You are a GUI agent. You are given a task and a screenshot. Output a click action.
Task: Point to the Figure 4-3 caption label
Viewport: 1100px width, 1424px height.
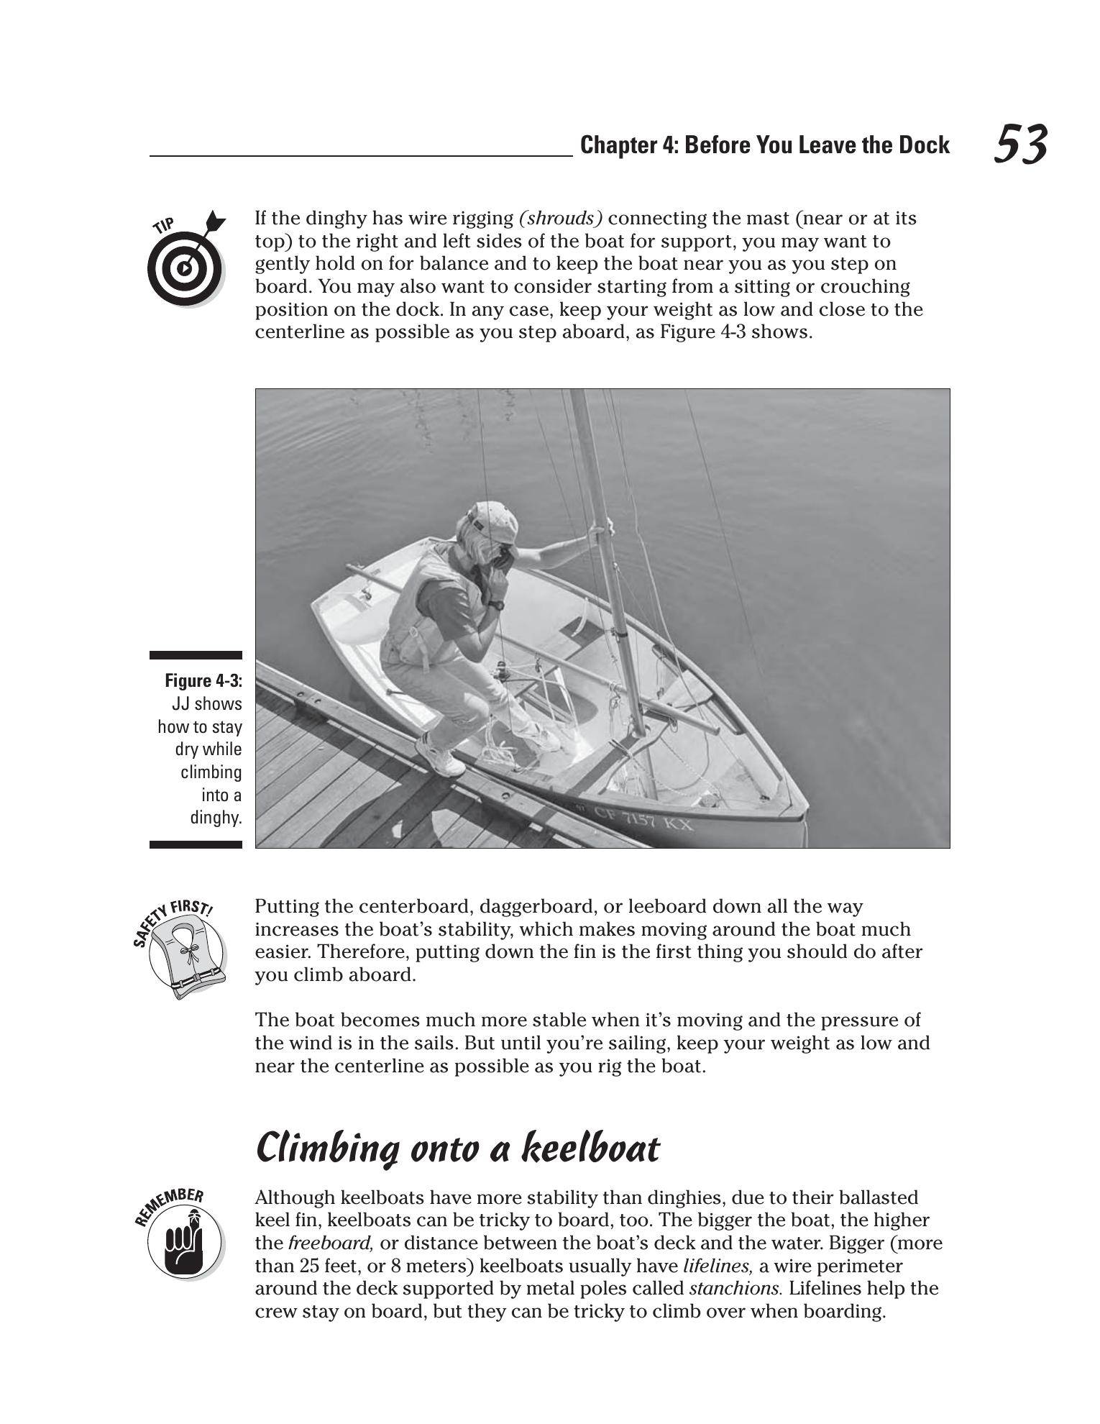[x=203, y=680]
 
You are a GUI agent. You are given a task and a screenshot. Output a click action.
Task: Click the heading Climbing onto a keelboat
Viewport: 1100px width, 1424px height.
[x=457, y=1149]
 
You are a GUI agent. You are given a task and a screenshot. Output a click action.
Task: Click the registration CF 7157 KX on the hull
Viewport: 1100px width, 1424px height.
[x=643, y=819]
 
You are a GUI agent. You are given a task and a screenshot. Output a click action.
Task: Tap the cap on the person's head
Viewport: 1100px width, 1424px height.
[x=495, y=519]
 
